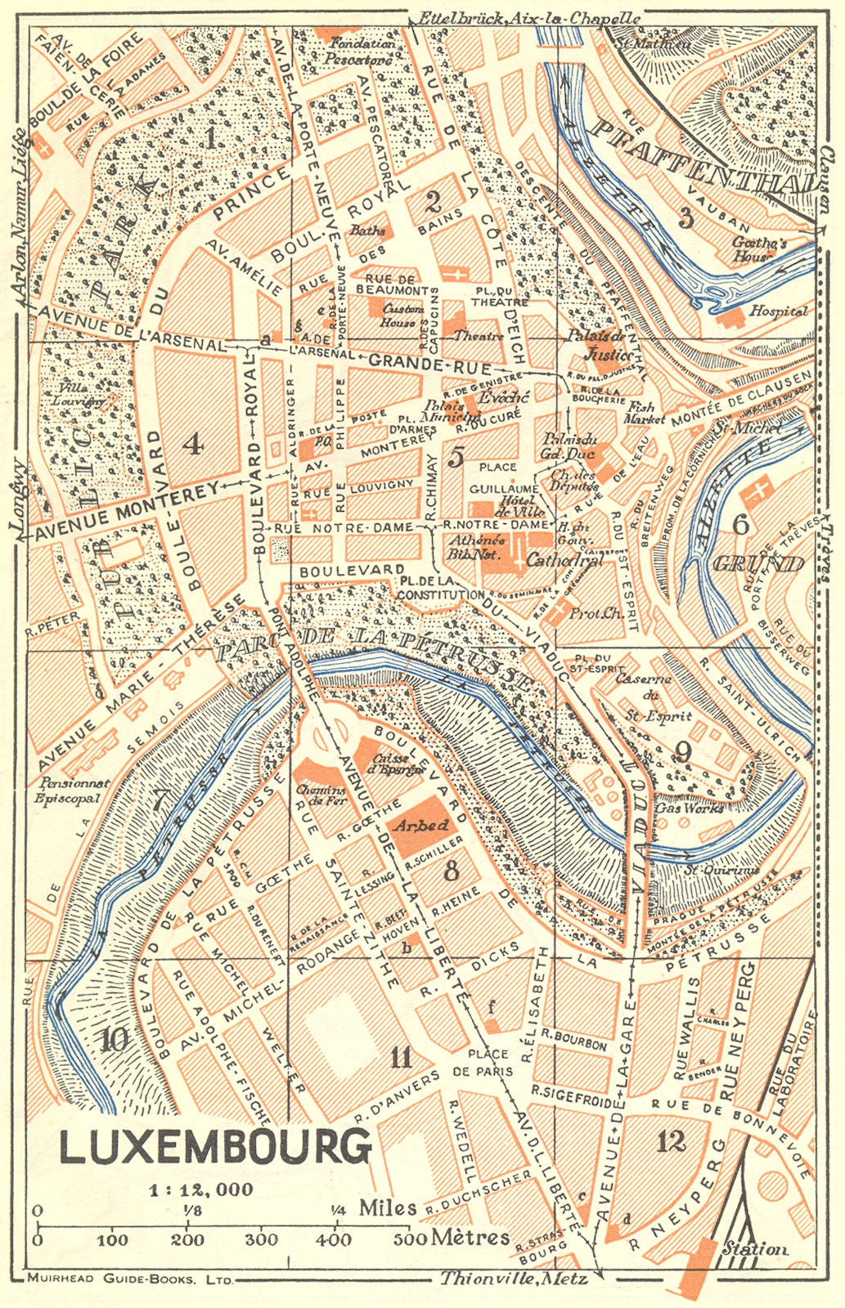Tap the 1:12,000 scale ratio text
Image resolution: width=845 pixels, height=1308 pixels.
[x=200, y=1189]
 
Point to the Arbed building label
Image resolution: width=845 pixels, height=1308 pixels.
[x=420, y=826]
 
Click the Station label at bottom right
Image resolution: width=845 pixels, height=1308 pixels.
[x=755, y=1248]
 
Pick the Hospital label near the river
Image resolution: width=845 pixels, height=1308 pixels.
[x=778, y=311]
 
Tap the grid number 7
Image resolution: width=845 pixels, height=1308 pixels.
[x=161, y=800]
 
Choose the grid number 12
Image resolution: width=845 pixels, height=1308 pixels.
[x=671, y=1141]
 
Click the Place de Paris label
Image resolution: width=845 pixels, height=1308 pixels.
[x=489, y=1062]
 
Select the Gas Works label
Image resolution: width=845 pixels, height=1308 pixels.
[x=690, y=808]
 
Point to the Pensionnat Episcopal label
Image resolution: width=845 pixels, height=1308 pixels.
[x=73, y=790]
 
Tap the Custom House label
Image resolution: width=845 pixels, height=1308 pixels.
[x=402, y=316]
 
